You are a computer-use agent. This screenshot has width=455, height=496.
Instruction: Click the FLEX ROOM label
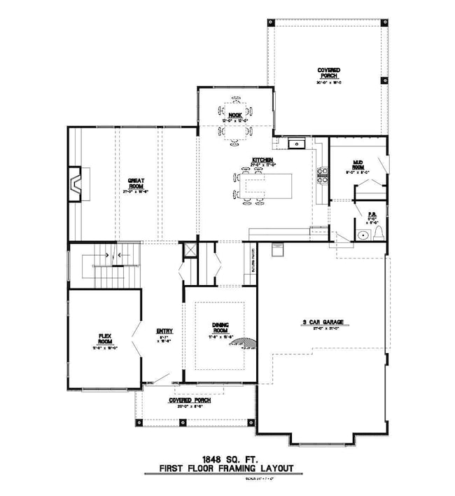pos(104,340)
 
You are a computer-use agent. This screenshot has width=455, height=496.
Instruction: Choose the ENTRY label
pos(164,332)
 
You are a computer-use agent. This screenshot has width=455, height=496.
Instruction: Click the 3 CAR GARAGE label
pos(322,324)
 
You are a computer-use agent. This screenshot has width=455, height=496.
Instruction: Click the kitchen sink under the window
pos(296,144)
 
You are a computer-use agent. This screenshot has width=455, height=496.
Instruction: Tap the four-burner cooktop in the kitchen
pos(323,174)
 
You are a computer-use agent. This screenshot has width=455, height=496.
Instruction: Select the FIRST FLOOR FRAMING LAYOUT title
pos(226,469)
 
